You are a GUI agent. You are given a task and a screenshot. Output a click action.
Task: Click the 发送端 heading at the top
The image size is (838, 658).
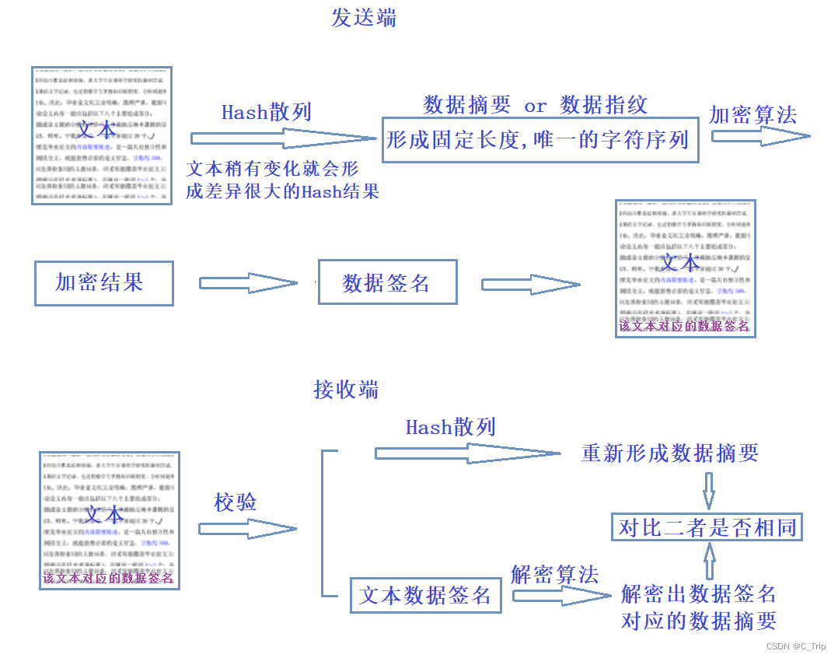click(364, 18)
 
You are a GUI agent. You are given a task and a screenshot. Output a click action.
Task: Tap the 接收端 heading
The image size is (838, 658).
click(346, 389)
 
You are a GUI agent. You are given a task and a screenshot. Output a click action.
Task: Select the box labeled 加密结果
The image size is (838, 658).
click(103, 283)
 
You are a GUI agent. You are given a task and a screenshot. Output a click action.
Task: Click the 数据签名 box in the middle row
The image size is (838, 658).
click(387, 282)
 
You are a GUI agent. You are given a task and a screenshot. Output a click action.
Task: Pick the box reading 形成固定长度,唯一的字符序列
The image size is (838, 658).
click(539, 141)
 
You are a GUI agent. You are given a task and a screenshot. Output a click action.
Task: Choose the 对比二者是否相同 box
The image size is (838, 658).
click(707, 527)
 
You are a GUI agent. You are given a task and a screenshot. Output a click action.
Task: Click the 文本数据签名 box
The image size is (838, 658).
click(425, 597)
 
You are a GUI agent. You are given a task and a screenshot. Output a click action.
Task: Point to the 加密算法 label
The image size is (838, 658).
click(752, 115)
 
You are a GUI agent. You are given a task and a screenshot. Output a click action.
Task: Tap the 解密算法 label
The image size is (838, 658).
click(554, 575)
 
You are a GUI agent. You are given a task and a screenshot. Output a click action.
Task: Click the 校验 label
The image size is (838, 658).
click(236, 502)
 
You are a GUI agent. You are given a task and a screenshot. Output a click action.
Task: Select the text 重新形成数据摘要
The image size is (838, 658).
click(669, 453)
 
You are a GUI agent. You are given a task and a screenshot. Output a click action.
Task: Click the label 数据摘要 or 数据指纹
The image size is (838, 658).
click(535, 105)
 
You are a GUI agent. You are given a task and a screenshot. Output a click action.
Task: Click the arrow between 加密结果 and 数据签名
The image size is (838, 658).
click(248, 283)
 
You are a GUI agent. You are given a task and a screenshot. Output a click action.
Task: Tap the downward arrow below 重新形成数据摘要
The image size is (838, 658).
click(708, 491)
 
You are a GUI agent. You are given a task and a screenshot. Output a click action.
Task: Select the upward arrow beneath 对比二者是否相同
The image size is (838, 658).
click(709, 562)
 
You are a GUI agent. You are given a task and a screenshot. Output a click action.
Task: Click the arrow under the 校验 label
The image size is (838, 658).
click(247, 529)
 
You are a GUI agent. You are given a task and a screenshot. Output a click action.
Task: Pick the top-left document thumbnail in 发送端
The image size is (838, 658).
click(101, 135)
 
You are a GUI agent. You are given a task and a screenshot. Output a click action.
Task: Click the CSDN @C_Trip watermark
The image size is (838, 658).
click(795, 646)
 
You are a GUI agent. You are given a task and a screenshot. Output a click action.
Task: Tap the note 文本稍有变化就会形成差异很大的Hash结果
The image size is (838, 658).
click(282, 180)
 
